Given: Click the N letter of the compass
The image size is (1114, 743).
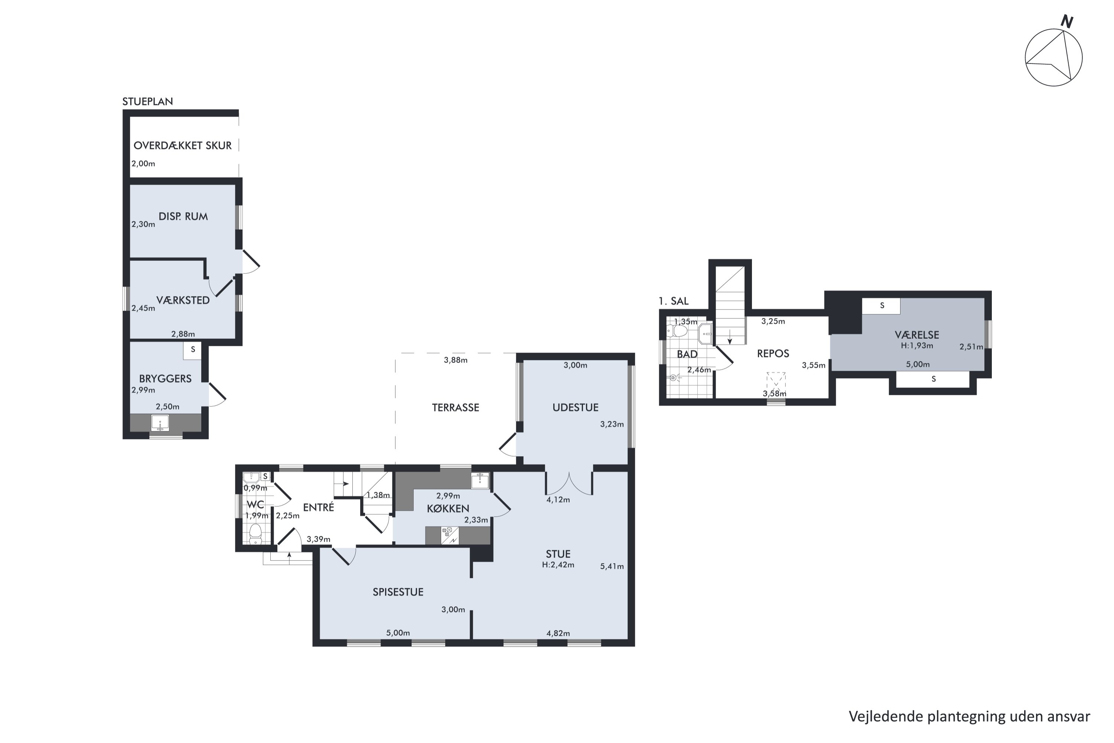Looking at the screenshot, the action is [1067, 21].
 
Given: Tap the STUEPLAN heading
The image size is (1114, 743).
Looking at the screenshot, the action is [148, 101].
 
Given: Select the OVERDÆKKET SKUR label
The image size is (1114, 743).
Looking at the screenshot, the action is [182, 146].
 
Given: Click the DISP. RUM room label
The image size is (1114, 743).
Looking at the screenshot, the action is [183, 217].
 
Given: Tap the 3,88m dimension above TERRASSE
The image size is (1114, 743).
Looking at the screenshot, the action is [456, 360].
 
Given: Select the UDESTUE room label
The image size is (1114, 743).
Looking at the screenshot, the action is [576, 408].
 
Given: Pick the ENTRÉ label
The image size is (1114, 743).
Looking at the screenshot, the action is [318, 507].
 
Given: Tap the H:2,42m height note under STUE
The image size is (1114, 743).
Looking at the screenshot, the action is [558, 565].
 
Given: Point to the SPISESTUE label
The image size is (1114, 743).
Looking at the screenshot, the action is [398, 592].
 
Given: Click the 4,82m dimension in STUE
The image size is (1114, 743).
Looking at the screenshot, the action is [558, 633].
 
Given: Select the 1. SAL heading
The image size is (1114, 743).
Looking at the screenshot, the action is [674, 301].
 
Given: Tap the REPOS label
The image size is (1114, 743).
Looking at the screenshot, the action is [773, 354].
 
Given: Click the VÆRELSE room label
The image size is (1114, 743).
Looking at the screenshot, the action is [917, 335].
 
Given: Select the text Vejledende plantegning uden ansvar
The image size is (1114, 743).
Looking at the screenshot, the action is [970, 717].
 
